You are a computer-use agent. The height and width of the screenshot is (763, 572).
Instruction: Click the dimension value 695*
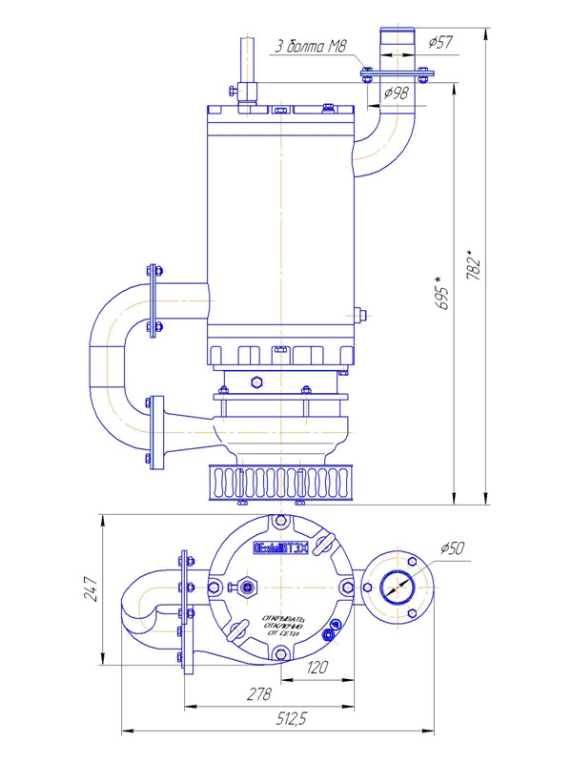(x=439, y=291)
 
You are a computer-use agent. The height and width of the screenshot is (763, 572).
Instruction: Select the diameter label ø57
(x=441, y=43)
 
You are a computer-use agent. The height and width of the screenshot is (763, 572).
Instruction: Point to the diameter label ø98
(x=396, y=93)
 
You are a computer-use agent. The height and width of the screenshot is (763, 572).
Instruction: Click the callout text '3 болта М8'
(x=307, y=46)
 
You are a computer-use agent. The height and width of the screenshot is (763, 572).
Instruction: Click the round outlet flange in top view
(x=395, y=588)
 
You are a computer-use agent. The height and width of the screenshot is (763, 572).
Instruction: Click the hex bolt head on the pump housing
(x=255, y=383)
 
